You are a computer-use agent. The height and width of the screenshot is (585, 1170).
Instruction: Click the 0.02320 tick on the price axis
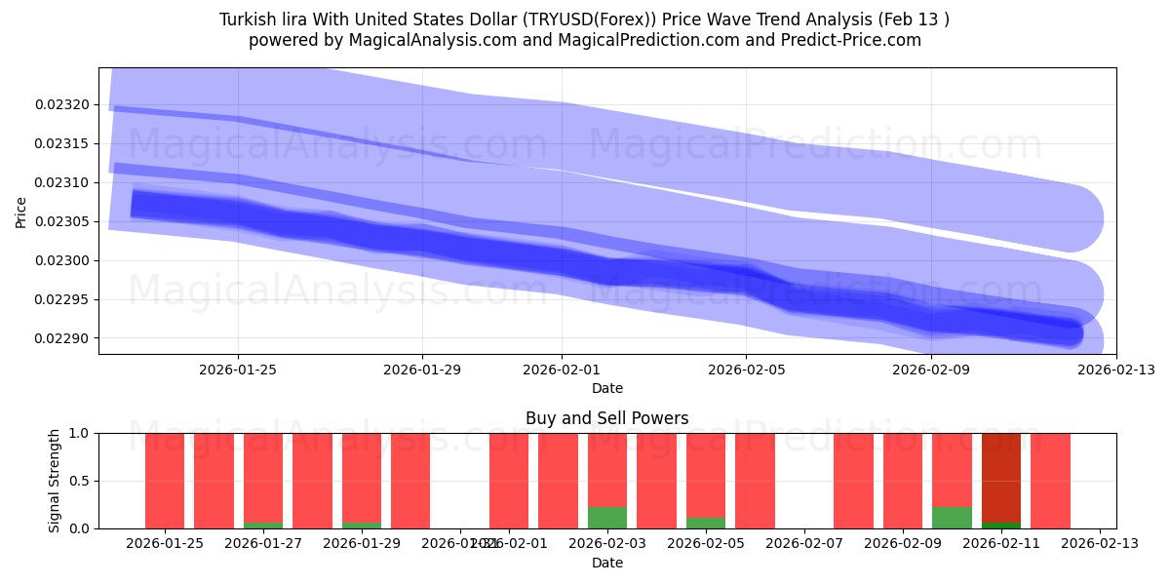click(62, 104)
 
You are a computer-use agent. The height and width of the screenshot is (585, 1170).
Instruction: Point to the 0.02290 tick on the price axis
click(62, 338)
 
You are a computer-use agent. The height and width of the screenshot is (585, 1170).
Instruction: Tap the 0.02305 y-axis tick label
click(62, 221)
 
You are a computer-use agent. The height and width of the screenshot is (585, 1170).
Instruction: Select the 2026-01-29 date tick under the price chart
click(422, 370)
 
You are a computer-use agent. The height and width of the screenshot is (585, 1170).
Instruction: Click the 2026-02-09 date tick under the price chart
click(931, 370)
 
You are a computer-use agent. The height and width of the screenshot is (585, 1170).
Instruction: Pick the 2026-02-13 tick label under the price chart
click(1115, 370)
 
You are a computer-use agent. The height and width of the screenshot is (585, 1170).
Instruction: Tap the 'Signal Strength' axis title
click(55, 481)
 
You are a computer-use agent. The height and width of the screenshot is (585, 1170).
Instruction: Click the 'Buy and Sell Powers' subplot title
click(606, 418)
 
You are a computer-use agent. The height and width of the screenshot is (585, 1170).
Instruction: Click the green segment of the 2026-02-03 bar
click(607, 518)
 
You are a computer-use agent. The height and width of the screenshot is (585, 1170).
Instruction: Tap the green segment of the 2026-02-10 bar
click(952, 518)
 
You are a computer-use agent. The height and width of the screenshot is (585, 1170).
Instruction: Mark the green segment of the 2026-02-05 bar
click(706, 523)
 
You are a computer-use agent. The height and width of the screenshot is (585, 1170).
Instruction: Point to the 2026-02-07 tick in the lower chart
click(804, 543)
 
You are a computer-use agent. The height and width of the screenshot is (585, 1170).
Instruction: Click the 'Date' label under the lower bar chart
click(606, 563)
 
